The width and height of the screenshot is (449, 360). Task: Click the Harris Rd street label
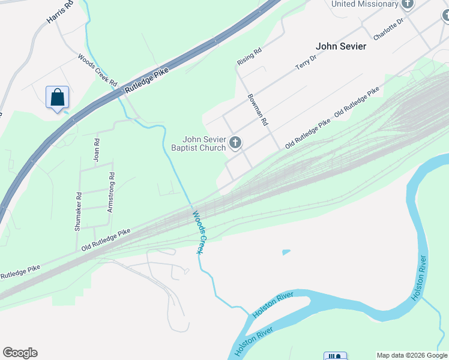pyautogui.click(x=60, y=13)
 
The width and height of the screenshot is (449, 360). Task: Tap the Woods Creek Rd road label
pyautogui.click(x=97, y=70)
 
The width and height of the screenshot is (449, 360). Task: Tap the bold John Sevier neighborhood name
pyautogui.click(x=341, y=46)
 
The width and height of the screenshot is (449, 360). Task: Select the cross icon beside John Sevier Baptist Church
pyautogui.click(x=235, y=143)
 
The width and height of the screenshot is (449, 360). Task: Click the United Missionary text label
pyautogui.click(x=365, y=4)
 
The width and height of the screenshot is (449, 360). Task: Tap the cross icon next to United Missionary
pyautogui.click(x=408, y=4)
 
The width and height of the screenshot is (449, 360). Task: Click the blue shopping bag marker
pyautogui.click(x=57, y=97)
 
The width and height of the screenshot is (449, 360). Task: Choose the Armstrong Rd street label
pyautogui.click(x=110, y=193)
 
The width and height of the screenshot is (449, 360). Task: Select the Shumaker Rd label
pyautogui.click(x=78, y=211)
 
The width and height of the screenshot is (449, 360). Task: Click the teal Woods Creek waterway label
pyautogui.click(x=199, y=232)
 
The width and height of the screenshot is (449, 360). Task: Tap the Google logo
pyautogui.click(x=20, y=353)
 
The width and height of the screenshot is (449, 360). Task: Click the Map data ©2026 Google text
pyautogui.click(x=412, y=355)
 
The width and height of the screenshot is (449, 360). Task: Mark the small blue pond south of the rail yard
pyautogui.click(x=286, y=252)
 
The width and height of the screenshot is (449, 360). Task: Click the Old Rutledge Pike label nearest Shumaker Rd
pyautogui.click(x=106, y=239)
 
